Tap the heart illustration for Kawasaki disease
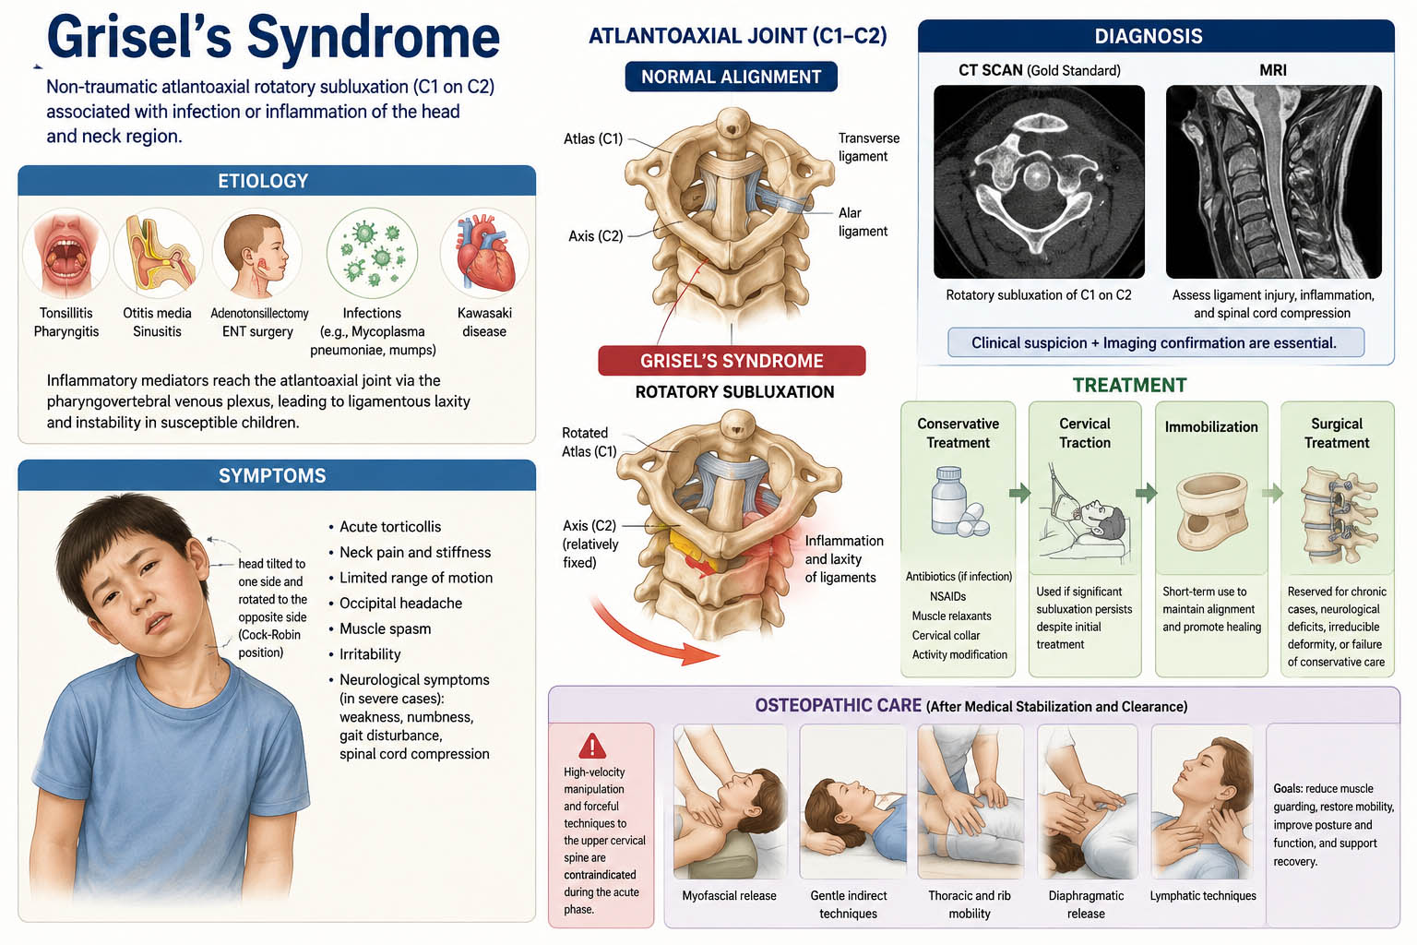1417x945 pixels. click(484, 253)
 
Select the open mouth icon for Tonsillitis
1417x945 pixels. click(65, 254)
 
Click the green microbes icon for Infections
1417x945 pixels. click(372, 253)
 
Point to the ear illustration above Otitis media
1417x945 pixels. click(158, 253)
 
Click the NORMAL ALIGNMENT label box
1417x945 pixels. click(732, 77)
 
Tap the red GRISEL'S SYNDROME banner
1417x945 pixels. click(732, 361)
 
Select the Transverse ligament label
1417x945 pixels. click(868, 148)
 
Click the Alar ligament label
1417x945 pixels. click(863, 222)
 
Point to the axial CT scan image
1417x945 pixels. click(1039, 182)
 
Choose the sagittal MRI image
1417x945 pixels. click(1273, 182)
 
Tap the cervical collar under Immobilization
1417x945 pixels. click(1211, 511)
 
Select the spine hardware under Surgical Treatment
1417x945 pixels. click(1337, 515)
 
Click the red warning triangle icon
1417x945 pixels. click(592, 747)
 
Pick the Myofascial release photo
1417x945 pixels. click(730, 802)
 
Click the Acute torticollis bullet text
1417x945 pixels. click(390, 527)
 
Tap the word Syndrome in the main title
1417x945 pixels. click(374, 37)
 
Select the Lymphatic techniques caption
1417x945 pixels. click(1203, 896)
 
